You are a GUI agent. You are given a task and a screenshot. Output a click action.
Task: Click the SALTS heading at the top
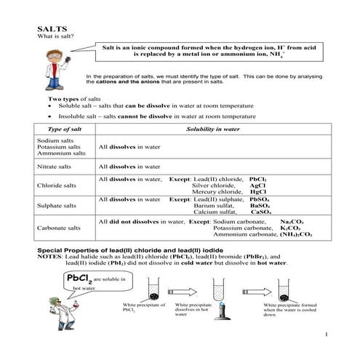[x=49, y=30]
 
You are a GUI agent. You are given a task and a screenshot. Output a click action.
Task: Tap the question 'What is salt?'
[x=57, y=38]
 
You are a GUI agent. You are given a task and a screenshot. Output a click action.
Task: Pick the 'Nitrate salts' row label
[x=57, y=167]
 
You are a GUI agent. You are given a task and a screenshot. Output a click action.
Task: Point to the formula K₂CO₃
[x=290, y=228]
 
